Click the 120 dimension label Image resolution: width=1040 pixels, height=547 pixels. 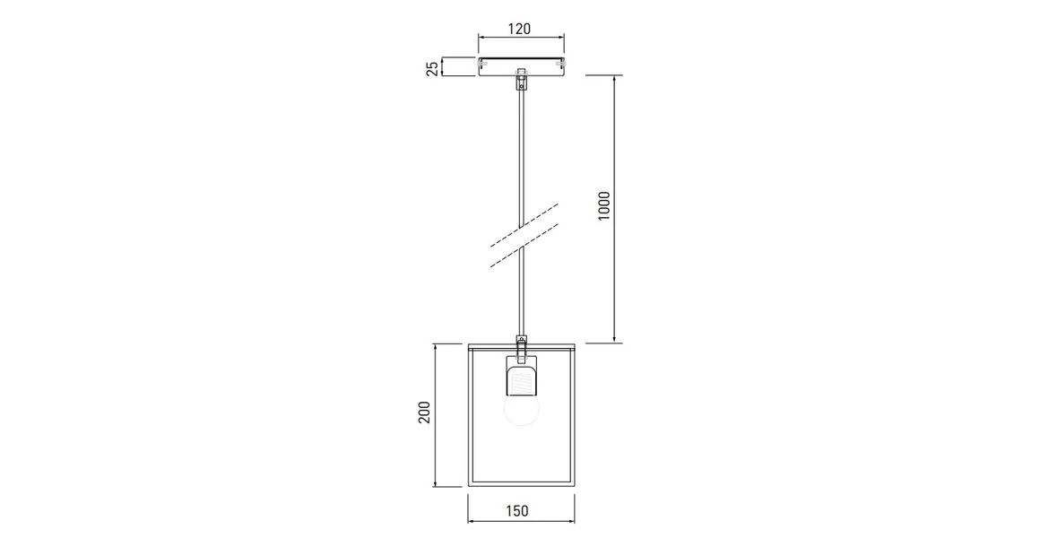[519, 28]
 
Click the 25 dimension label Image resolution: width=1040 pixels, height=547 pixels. [432, 67]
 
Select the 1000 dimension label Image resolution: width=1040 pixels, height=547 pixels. [604, 206]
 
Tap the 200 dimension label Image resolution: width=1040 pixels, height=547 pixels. [425, 412]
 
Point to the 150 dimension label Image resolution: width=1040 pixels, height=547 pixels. [516, 511]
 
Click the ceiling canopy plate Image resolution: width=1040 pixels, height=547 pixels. [521, 66]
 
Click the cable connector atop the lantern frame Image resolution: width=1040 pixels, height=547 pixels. [521, 341]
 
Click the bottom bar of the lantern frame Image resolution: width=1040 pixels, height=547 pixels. [521, 484]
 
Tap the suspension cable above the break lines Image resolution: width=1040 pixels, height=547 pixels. [521, 152]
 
